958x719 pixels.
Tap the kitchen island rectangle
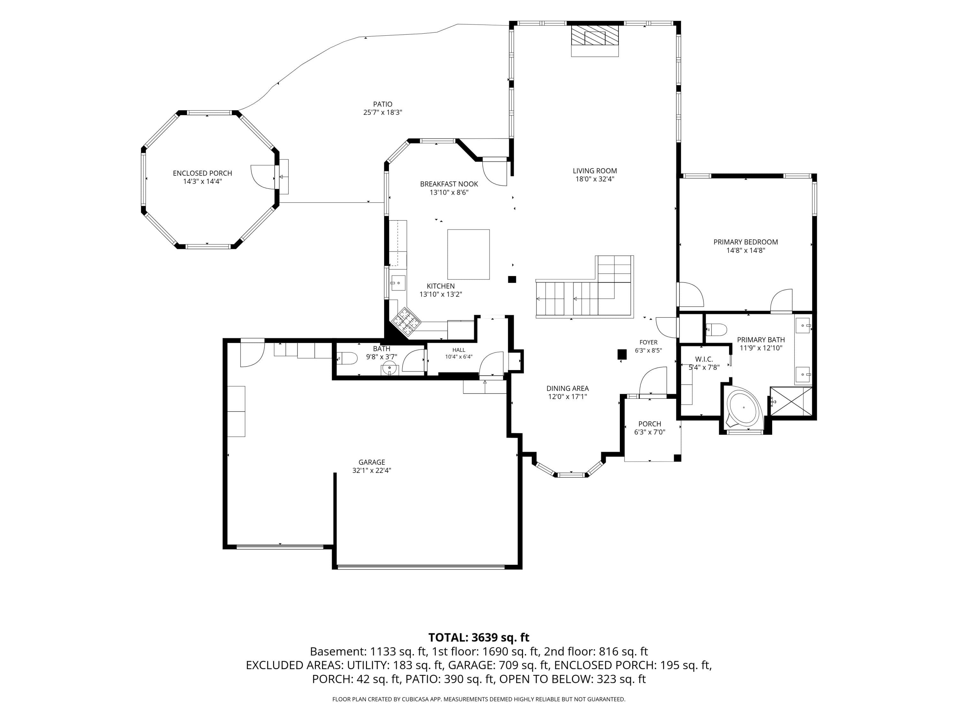468,254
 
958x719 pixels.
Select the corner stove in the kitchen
406,322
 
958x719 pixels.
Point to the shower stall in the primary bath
791,401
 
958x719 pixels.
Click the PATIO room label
383,104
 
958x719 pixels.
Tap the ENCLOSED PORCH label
202,173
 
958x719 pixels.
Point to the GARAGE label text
372,462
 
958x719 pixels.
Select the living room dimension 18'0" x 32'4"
595,179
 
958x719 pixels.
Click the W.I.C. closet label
704,359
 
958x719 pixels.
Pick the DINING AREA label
567,388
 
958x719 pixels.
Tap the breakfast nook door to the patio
495,173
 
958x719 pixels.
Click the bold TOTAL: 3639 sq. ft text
479,638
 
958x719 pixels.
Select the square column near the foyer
622,354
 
